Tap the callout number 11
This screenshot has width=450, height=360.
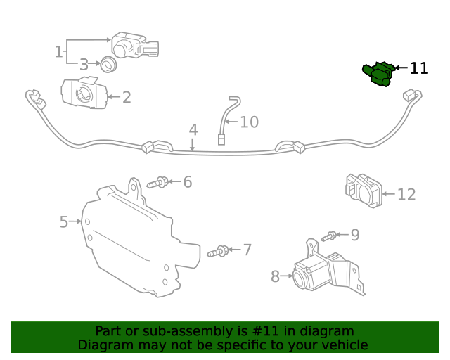pyautogui.click(x=419, y=68)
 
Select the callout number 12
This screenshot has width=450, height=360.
pyautogui.click(x=406, y=195)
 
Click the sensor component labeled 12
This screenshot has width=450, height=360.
pyautogui.click(x=363, y=190)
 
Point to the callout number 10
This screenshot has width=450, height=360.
pyautogui.click(x=249, y=122)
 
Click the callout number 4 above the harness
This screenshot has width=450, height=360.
pyautogui.click(x=193, y=130)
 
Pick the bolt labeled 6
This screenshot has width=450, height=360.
pyautogui.click(x=157, y=183)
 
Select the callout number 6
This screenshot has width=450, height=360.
pyautogui.click(x=187, y=182)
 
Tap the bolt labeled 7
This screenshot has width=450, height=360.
pyautogui.click(x=219, y=250)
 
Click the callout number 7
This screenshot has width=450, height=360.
pyautogui.click(x=247, y=250)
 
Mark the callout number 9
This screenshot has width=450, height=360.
pyautogui.click(x=355, y=234)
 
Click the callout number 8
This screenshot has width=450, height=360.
pyautogui.click(x=275, y=276)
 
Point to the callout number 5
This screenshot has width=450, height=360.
pyautogui.click(x=63, y=222)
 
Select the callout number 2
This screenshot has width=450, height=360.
pyautogui.click(x=127, y=97)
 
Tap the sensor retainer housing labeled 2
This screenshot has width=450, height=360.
pyautogui.click(x=83, y=94)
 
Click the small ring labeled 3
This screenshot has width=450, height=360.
pyautogui.click(x=108, y=65)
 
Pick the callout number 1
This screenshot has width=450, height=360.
pyautogui.click(x=58, y=51)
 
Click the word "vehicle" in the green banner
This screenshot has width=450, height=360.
pyautogui.click(x=343, y=345)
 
